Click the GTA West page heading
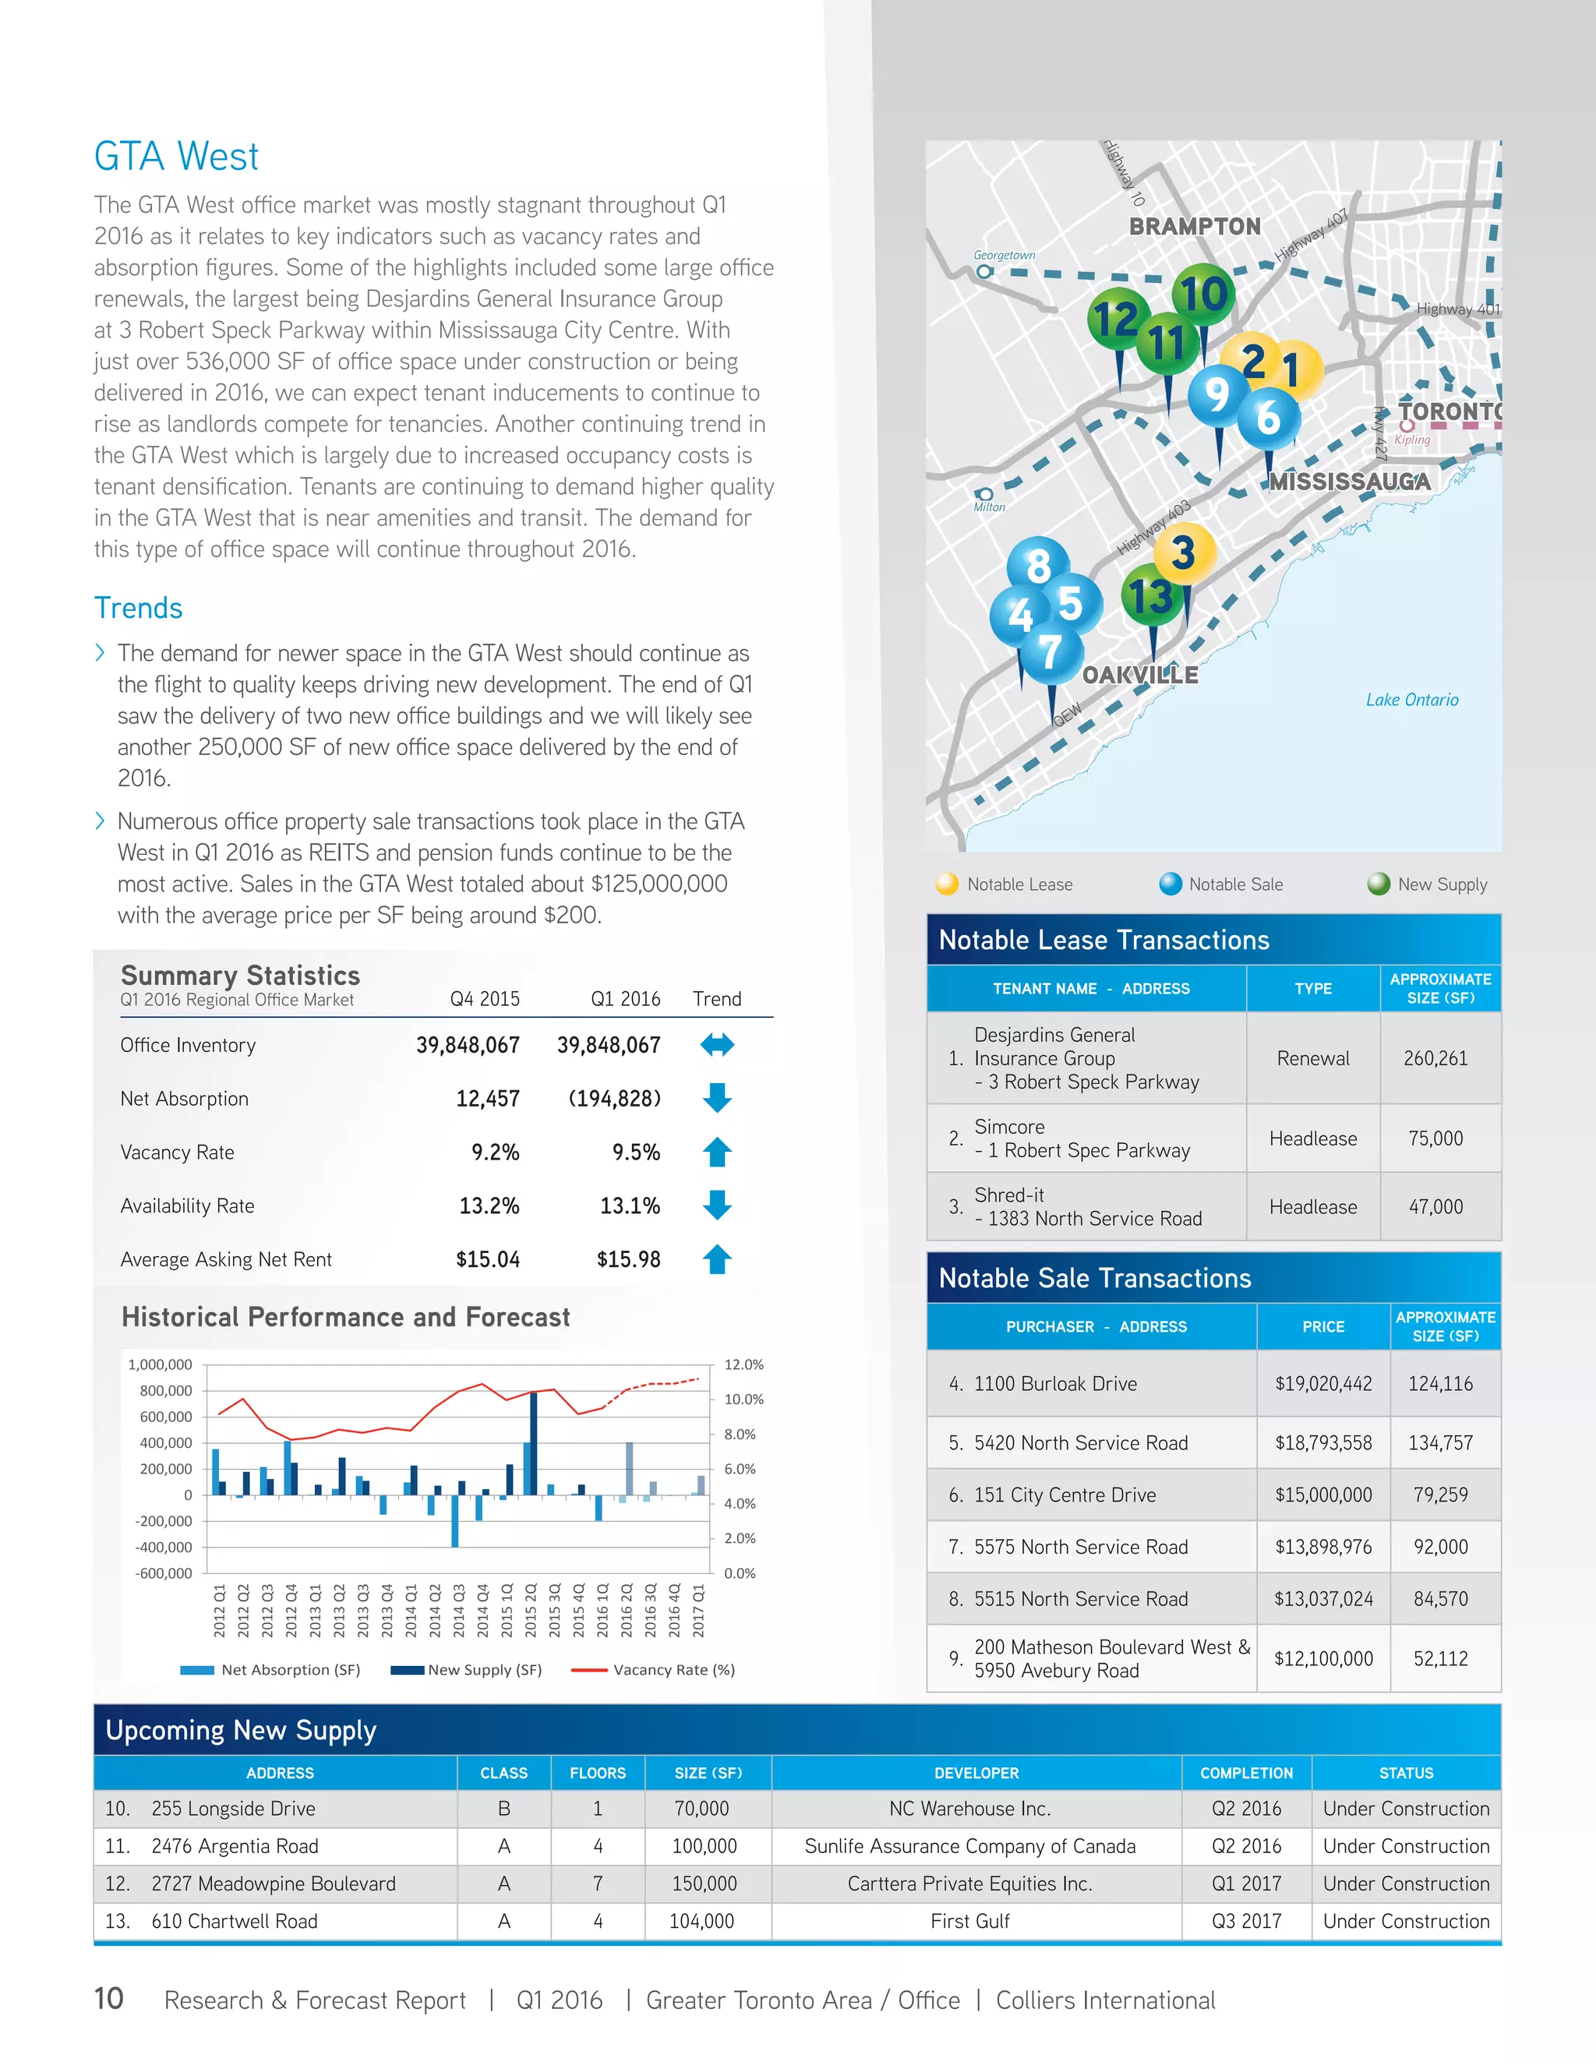176,156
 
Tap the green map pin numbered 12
1118,319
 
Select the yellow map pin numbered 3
1183,553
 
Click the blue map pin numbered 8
1038,567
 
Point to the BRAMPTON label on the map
1195,227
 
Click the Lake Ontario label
1411,700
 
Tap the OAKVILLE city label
1139,675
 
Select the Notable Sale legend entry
1235,884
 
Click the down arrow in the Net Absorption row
718,1098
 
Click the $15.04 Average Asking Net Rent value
487,1258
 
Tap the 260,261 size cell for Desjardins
1435,1058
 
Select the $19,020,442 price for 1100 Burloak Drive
1322,1383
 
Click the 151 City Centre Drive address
1065,1495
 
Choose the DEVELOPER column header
976,1773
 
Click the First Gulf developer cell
970,1922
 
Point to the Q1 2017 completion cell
1246,1883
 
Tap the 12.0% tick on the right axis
743,1364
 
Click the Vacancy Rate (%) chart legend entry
673,1670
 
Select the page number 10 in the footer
109,1999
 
